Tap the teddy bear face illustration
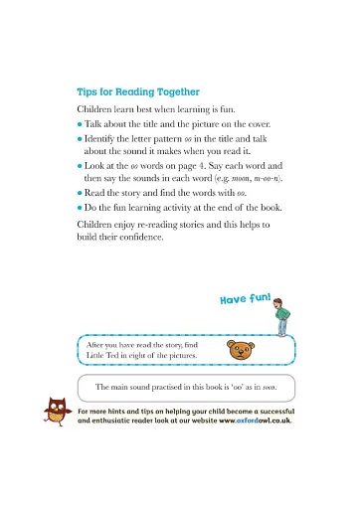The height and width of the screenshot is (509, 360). click(240, 349)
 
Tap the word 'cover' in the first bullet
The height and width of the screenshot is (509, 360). click(270, 123)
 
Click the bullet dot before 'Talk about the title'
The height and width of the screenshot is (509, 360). click(80, 123)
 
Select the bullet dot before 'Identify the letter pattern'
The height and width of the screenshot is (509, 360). click(80, 138)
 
